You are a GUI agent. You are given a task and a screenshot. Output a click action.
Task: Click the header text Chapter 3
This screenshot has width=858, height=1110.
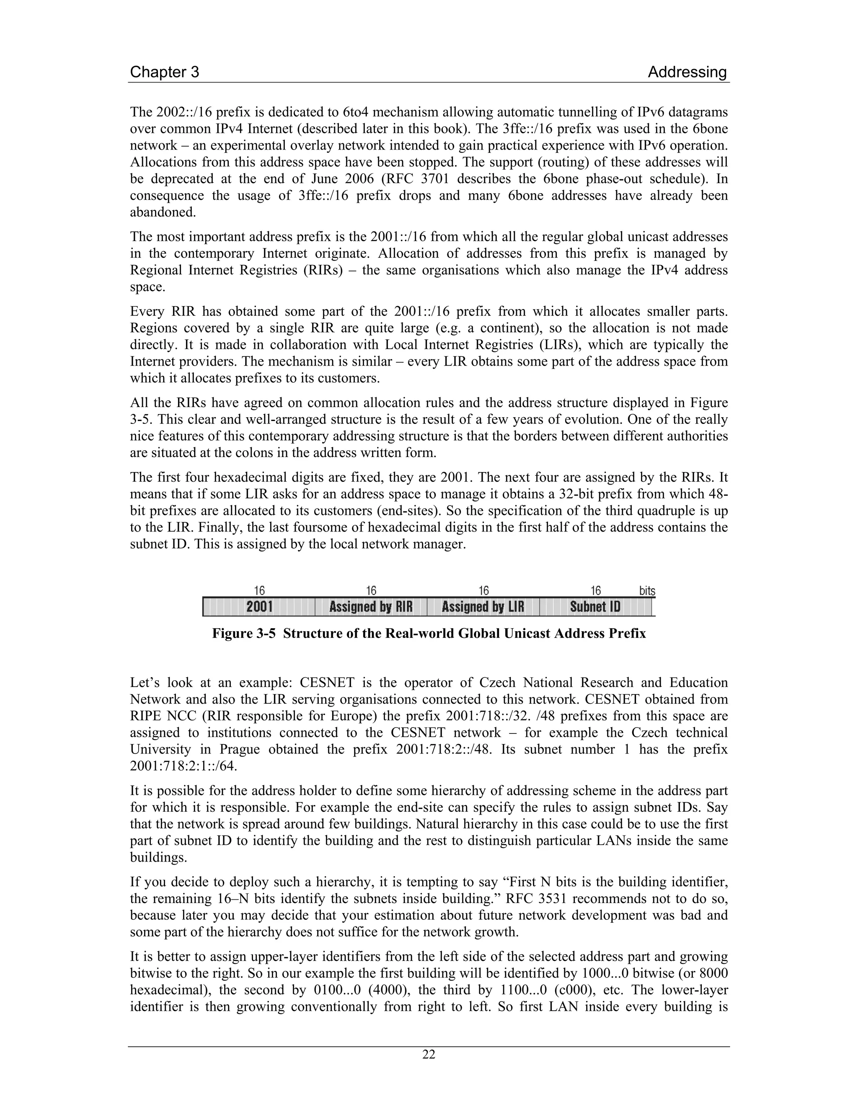[x=164, y=72]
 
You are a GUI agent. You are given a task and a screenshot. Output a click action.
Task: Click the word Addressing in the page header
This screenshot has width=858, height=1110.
[x=687, y=72]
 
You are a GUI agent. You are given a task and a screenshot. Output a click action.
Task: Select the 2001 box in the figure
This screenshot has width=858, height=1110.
[x=259, y=607]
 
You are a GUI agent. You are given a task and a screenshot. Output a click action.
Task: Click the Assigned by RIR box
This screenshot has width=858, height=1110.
[x=371, y=607]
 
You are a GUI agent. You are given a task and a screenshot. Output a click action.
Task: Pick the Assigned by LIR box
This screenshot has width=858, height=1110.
[x=483, y=607]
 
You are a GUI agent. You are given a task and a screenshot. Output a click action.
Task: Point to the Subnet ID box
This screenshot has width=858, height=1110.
[x=595, y=607]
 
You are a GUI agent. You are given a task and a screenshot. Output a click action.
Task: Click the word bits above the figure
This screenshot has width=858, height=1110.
[x=646, y=591]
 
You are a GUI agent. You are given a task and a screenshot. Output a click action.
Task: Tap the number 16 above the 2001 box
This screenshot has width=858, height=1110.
[x=259, y=591]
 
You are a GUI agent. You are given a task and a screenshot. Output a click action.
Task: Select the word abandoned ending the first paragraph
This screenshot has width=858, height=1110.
[x=163, y=212]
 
